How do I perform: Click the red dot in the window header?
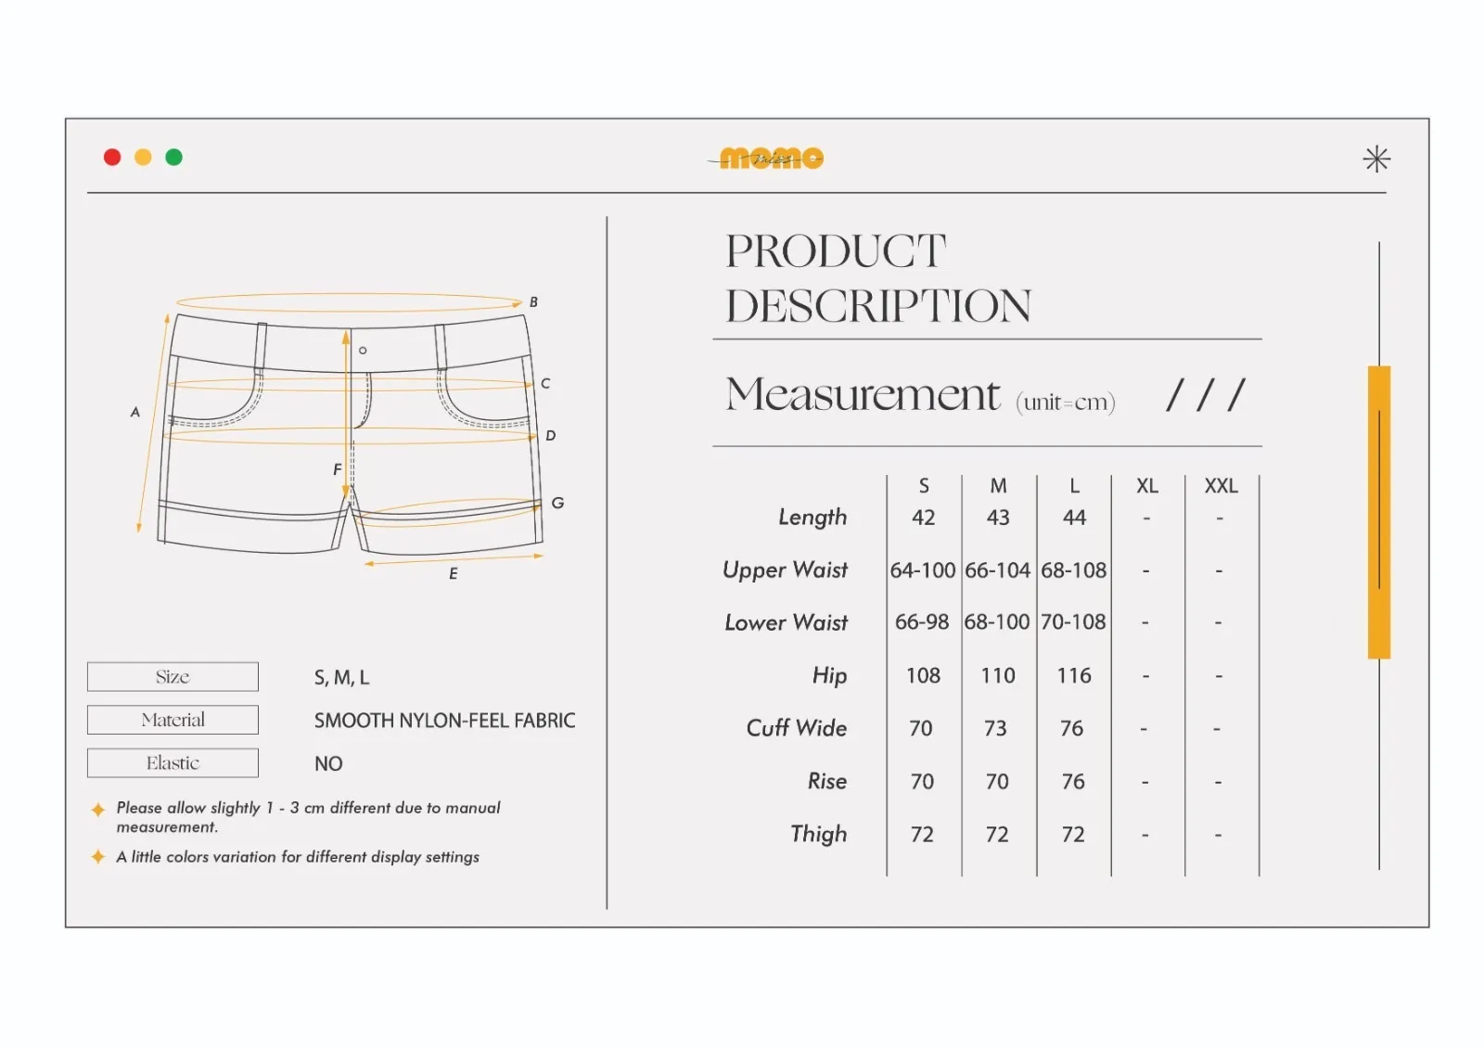[x=112, y=157]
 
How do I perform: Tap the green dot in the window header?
[x=173, y=157]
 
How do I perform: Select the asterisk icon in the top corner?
[x=1376, y=159]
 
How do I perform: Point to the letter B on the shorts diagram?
[x=533, y=302]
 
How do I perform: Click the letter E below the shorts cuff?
[x=454, y=574]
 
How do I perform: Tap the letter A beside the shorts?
[x=135, y=412]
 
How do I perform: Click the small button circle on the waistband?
[x=363, y=351]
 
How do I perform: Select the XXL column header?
[x=1221, y=486]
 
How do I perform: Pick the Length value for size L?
[x=1074, y=517]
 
